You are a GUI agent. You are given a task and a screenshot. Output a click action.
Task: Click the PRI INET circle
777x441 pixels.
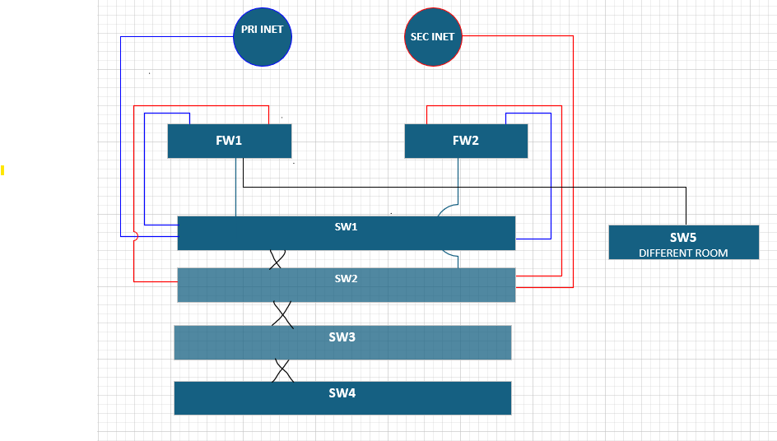[262, 37]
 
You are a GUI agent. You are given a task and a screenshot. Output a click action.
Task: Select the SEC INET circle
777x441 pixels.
[433, 37]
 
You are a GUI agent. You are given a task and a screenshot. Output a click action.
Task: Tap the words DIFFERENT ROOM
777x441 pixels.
[683, 253]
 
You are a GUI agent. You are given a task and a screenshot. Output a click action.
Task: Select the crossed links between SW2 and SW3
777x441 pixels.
[282, 313]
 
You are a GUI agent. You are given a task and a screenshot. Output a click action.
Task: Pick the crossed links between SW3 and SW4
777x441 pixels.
[282, 370]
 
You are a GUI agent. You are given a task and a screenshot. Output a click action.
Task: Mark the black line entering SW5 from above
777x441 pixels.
[686, 206]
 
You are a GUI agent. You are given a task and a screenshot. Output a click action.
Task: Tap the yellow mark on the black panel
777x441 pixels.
[2, 170]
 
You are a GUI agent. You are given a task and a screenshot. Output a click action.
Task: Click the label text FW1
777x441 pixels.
[229, 141]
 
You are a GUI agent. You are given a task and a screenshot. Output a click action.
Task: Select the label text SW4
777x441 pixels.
[342, 393]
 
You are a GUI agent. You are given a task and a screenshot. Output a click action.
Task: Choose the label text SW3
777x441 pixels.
[342, 337]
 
